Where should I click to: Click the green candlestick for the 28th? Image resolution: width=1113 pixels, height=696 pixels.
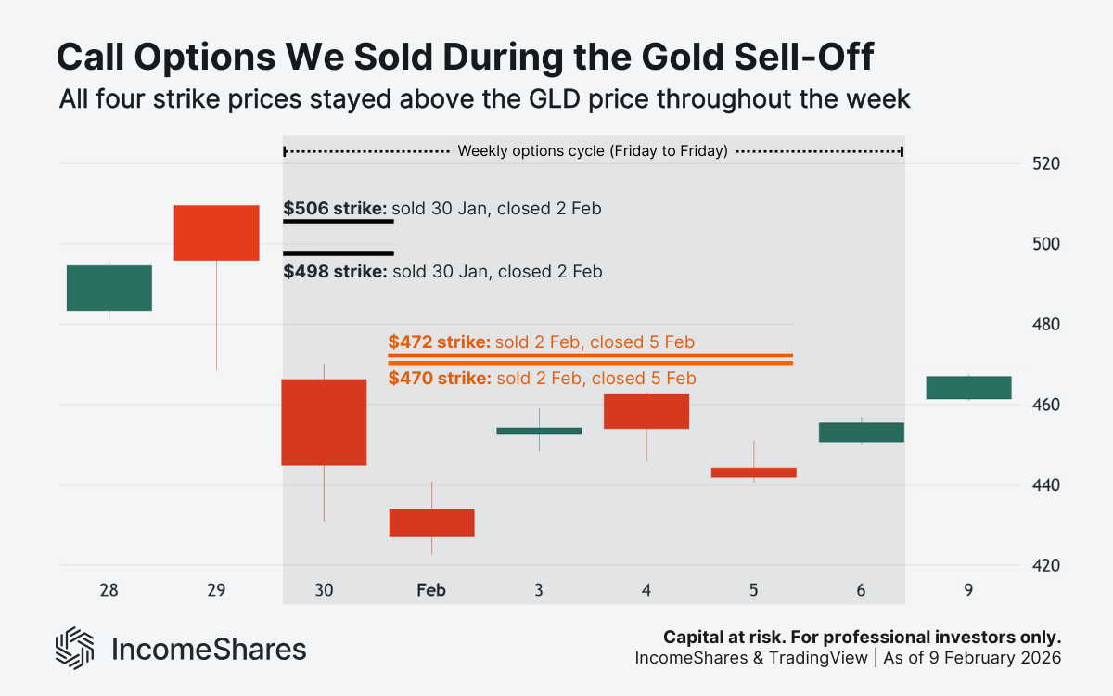click(109, 288)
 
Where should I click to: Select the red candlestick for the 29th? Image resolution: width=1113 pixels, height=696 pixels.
click(217, 233)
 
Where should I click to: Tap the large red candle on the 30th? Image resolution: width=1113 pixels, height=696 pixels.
click(324, 422)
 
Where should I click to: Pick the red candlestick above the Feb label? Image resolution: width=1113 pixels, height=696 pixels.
click(431, 522)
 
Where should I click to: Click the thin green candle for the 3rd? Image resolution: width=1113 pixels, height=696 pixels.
click(539, 431)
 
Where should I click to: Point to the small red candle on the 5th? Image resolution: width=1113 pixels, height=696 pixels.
click(753, 472)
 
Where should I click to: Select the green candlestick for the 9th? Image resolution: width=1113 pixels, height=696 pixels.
click(968, 388)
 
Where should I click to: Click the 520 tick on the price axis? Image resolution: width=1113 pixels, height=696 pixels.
click(1044, 164)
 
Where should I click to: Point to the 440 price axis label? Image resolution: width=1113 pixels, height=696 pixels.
click(1044, 485)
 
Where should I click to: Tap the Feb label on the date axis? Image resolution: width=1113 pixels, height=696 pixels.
click(431, 589)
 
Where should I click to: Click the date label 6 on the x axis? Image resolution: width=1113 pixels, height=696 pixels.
click(861, 589)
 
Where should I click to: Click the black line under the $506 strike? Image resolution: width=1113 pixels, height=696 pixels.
click(339, 222)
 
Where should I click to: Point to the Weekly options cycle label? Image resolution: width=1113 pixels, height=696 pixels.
click(593, 150)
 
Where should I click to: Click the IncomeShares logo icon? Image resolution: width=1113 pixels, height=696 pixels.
click(75, 649)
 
